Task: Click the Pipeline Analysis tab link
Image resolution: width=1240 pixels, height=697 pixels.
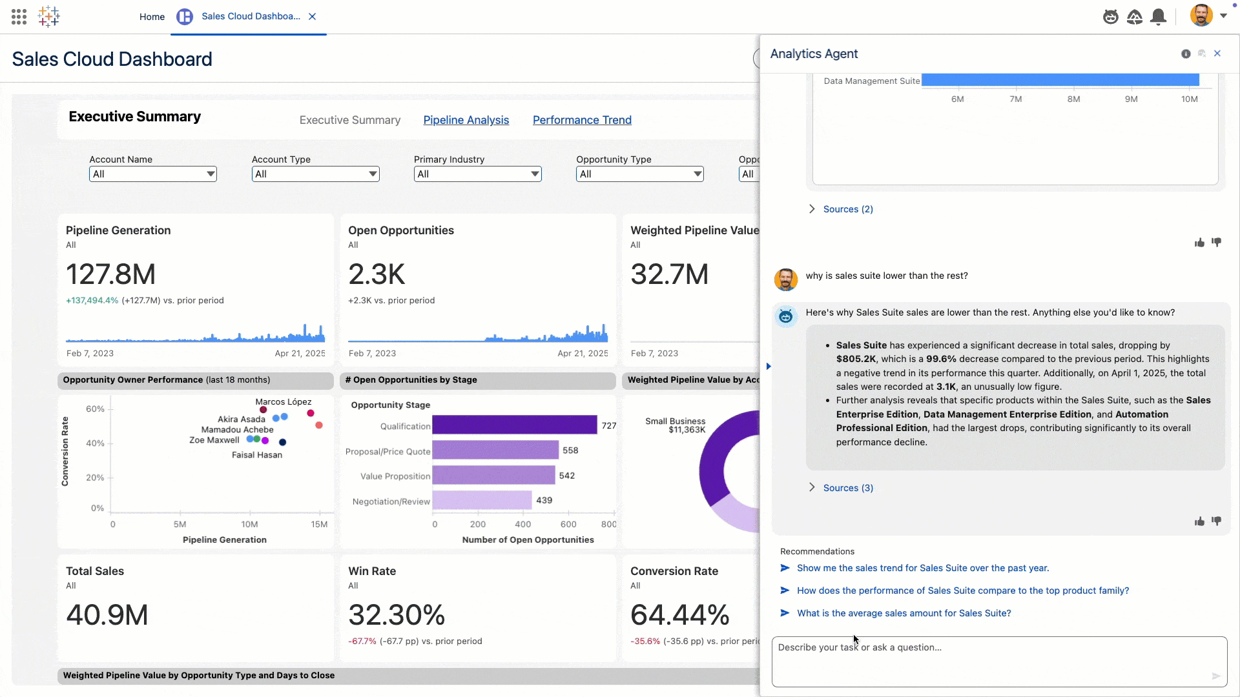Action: (466, 120)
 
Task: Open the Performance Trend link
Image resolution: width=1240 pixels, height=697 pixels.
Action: (581, 120)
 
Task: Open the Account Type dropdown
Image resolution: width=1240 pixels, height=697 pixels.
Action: (315, 174)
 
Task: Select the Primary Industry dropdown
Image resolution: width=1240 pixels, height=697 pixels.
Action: (477, 174)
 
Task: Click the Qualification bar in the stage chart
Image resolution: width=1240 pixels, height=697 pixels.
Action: (514, 425)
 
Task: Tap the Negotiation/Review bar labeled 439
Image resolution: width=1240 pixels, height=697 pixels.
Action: (482, 500)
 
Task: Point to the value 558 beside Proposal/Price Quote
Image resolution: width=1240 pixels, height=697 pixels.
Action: (570, 450)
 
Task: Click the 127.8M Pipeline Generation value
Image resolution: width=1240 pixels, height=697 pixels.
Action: (110, 274)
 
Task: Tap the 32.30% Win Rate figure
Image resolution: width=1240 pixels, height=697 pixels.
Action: (396, 615)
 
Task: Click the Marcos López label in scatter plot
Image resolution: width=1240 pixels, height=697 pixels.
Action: (283, 402)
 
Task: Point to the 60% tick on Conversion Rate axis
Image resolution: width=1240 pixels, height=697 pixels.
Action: (95, 409)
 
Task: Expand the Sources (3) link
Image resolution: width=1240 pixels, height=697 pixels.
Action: (847, 488)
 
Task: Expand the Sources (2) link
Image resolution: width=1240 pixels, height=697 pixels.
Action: (847, 209)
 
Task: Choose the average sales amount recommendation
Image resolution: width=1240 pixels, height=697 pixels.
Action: (904, 613)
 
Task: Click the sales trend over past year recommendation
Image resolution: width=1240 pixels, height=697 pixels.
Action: (922, 568)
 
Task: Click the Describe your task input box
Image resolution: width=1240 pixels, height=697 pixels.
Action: (998, 661)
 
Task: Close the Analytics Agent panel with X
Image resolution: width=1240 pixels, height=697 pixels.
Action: (1217, 54)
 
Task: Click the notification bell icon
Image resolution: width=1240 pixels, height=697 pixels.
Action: (1159, 17)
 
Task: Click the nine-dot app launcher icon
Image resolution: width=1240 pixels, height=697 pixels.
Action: (19, 17)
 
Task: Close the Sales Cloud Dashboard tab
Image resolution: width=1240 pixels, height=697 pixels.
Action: (313, 17)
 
